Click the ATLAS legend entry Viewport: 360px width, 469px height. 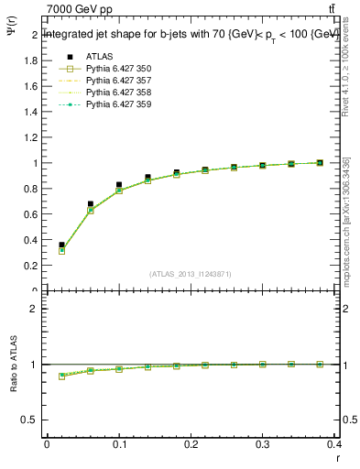coord(100,57)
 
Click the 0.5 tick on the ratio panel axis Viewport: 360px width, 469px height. coord(30,420)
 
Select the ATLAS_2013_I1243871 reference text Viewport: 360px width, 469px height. coord(190,274)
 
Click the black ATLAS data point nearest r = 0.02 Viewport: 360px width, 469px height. coord(62,245)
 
